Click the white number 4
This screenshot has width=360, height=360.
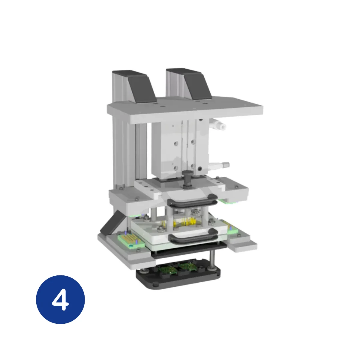point(60,299)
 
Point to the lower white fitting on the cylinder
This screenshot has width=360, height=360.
point(220,165)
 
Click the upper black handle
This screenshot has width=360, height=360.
point(192,201)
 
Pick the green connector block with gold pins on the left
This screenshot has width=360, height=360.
point(131,241)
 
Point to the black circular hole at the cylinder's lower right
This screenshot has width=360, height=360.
point(200,169)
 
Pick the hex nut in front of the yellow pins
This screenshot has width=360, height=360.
point(161,229)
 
